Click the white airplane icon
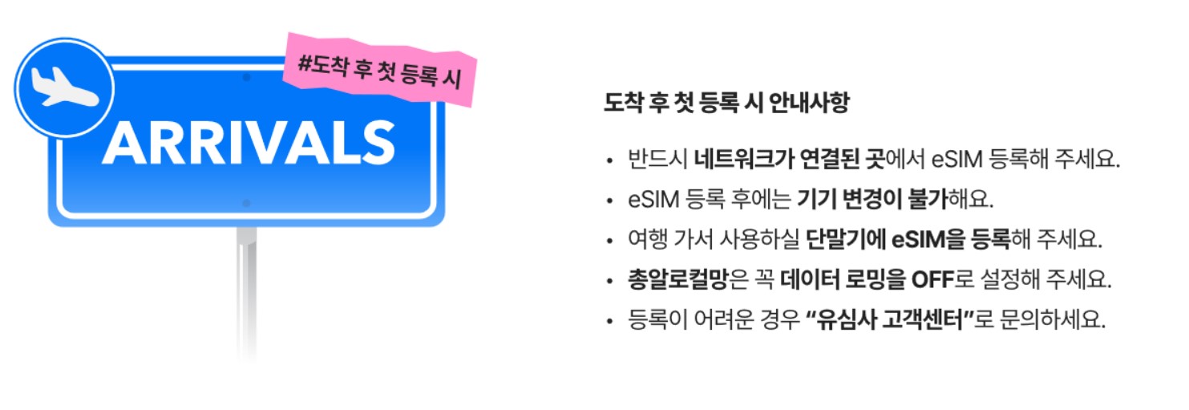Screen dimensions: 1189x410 click(63, 87)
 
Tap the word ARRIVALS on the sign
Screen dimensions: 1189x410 click(249, 144)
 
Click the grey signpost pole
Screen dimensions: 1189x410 click(246, 289)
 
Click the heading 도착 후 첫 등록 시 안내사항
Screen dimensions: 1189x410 click(726, 104)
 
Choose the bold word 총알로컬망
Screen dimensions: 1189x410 click(678, 280)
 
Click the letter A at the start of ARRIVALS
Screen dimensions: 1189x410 click(122, 144)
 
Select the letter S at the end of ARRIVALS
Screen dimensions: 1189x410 click(377, 144)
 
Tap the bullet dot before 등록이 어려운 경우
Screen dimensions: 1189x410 click(610, 322)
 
